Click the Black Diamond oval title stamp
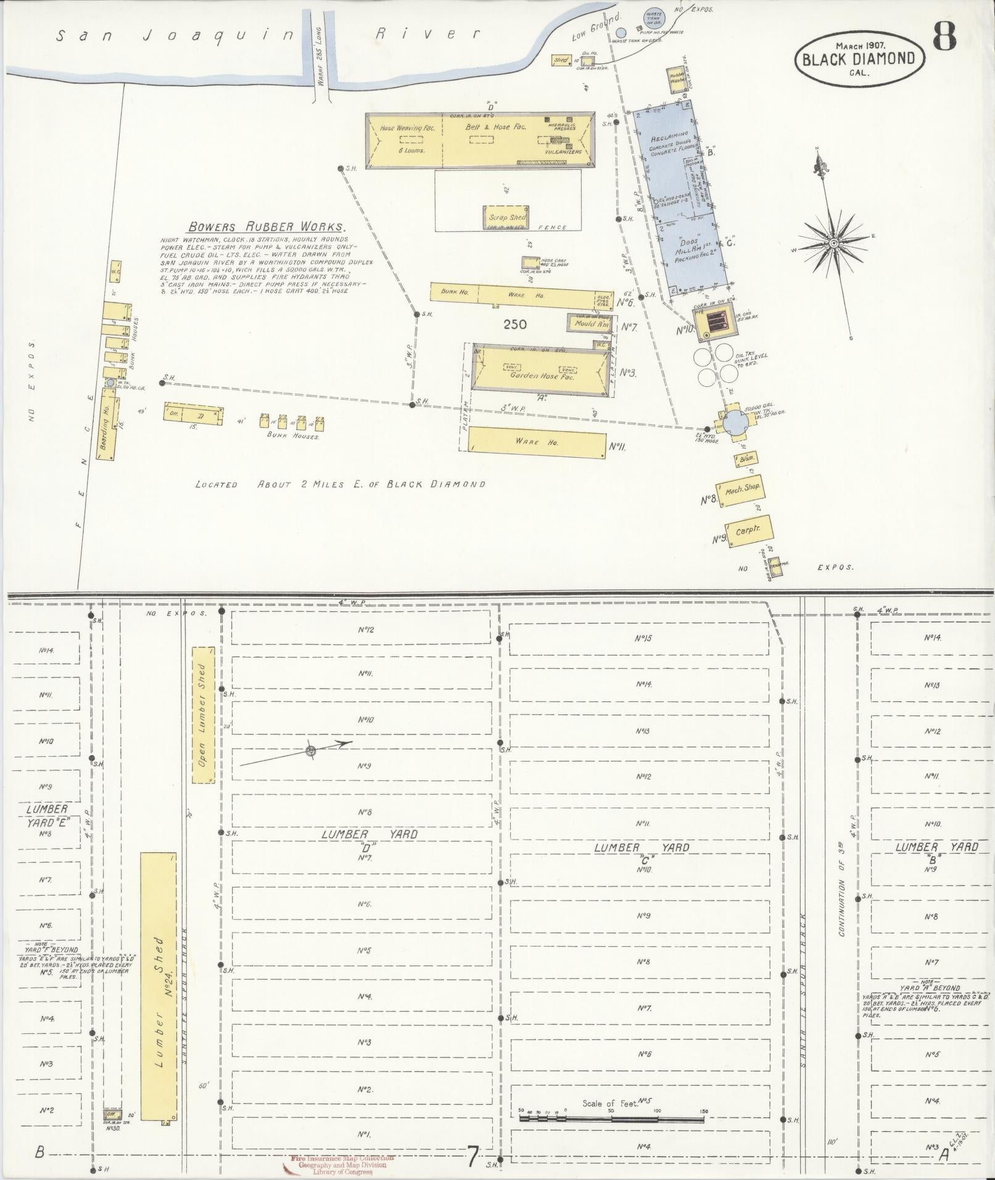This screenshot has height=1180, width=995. pos(859,59)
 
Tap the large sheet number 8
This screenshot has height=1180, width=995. pos(944,38)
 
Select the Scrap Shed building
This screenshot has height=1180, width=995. pos(506,218)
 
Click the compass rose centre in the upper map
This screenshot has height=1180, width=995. pos(833,244)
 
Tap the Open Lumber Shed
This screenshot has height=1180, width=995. pos(203,715)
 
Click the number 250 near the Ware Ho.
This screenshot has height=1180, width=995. pos(514,324)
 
